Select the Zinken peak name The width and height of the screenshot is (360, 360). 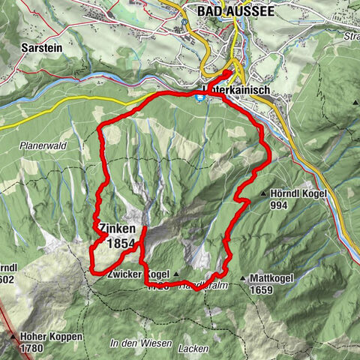[115, 229]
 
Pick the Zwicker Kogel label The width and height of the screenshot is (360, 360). [135, 274]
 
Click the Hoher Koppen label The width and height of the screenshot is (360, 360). [51, 337]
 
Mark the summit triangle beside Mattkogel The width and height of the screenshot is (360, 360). [243, 278]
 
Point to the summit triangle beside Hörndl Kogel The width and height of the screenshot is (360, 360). [263, 193]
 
